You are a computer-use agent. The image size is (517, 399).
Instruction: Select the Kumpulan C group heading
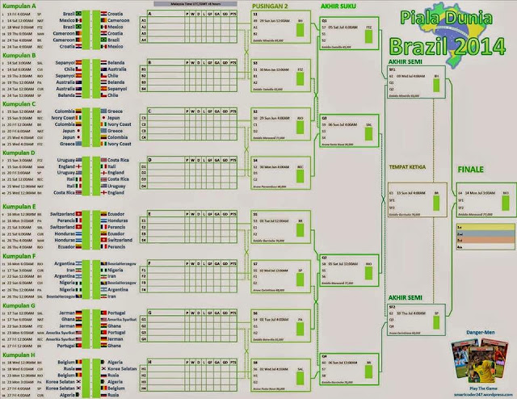pos(22,104)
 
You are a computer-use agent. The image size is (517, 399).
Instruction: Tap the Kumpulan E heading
pos(22,207)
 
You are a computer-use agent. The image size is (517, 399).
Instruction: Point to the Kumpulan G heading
pos(22,307)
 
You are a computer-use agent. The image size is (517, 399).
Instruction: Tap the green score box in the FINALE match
pos(505,195)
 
